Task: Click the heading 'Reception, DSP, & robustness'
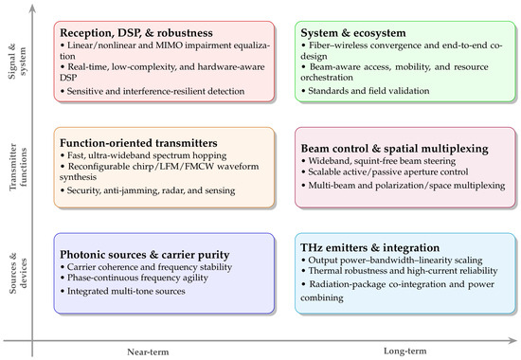[x=136, y=33]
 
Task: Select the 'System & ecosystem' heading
[x=353, y=33]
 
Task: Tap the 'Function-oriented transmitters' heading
[x=138, y=143]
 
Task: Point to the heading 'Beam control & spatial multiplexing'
[x=394, y=149]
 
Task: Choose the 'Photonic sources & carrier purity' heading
[x=145, y=255]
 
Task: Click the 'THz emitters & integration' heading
[x=369, y=247]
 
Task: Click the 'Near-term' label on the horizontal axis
[x=148, y=352]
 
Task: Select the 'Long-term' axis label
[x=405, y=351]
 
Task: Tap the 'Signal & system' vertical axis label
[x=17, y=62]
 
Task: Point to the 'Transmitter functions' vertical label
[x=18, y=167]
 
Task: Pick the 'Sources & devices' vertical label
[x=18, y=274]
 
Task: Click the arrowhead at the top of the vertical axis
[x=32, y=9]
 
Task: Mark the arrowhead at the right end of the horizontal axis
[x=512, y=340]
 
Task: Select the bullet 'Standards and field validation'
[x=365, y=91]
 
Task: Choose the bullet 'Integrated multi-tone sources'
[x=123, y=291]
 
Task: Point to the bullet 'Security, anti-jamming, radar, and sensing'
[x=148, y=190]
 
